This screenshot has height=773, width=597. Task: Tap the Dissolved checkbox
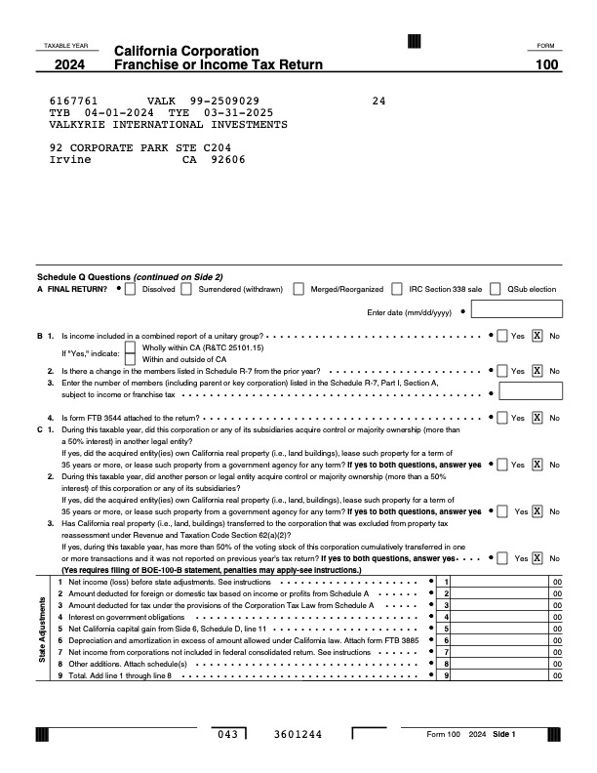click(x=132, y=289)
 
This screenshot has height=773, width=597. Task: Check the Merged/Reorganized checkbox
click(x=299, y=289)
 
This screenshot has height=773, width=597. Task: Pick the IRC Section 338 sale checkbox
click(x=397, y=289)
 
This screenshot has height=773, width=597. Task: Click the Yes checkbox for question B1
click(x=501, y=336)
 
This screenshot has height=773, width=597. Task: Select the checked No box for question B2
click(x=537, y=371)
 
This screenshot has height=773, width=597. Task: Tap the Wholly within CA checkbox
click(x=131, y=347)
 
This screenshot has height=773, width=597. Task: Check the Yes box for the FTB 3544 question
click(x=501, y=418)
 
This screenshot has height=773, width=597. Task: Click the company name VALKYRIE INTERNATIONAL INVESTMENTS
click(x=168, y=125)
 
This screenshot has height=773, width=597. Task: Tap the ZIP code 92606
click(x=227, y=160)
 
